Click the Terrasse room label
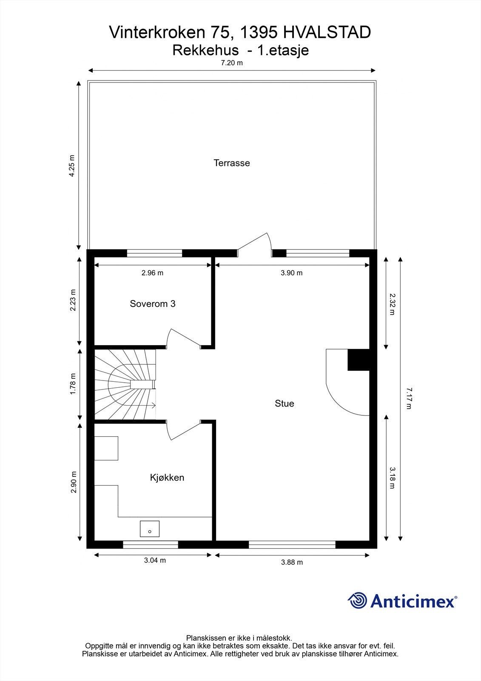click(232, 163)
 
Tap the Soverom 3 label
click(153, 304)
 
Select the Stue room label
click(284, 403)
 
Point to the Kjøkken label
click(167, 478)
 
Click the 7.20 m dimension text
click(232, 63)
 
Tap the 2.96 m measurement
click(152, 273)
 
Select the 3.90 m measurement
click(291, 273)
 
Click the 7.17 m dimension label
click(409, 398)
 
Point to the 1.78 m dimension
click(73, 384)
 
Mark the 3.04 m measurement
click(155, 560)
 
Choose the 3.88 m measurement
click(292, 562)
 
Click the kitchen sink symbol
click(150, 529)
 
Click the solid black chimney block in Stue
click(359, 360)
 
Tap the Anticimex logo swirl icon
click(358, 601)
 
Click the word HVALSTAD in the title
click(327, 32)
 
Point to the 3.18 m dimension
click(392, 478)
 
